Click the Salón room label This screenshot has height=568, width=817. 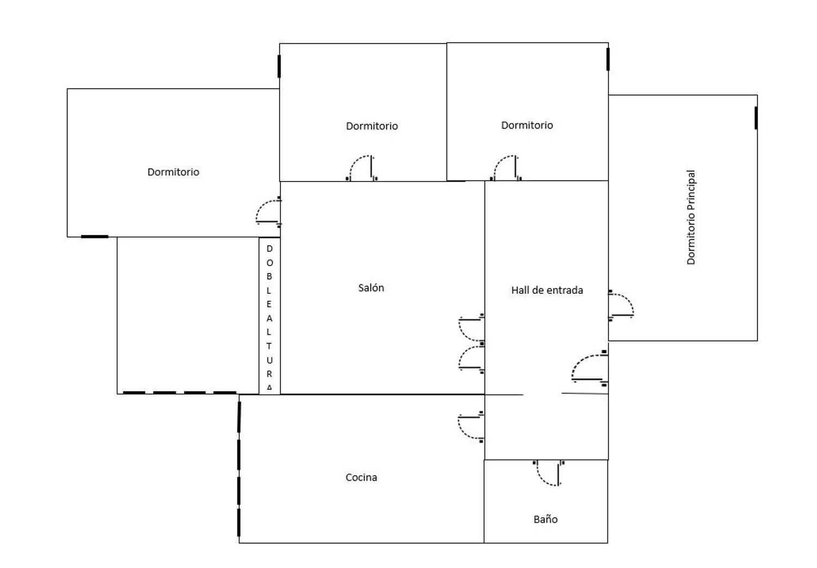click(x=371, y=288)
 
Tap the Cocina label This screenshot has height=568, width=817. click(x=361, y=478)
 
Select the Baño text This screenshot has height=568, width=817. click(x=545, y=519)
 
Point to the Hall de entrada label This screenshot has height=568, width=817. click(x=547, y=290)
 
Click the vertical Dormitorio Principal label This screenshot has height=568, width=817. click(x=691, y=217)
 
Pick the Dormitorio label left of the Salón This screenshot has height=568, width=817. click(x=173, y=172)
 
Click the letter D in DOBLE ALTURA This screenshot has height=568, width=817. click(x=270, y=249)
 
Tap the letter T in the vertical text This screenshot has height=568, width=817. click(x=269, y=346)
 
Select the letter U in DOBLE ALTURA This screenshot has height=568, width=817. click(x=270, y=360)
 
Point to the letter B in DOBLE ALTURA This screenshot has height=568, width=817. click(x=269, y=276)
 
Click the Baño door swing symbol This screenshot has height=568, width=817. click(x=548, y=473)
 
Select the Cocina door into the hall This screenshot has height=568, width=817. click(x=471, y=427)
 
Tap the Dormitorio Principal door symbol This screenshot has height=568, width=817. click(x=621, y=306)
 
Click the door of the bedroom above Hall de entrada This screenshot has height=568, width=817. click(x=506, y=168)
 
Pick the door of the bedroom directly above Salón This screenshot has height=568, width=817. click(x=362, y=168)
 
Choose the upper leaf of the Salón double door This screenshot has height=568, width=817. click(x=471, y=328)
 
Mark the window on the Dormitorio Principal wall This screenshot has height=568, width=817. click(x=756, y=118)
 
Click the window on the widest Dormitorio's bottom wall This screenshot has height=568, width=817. click(x=94, y=237)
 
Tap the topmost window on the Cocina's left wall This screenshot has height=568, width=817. click(x=239, y=417)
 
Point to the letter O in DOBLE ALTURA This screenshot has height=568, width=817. click(x=270, y=263)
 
